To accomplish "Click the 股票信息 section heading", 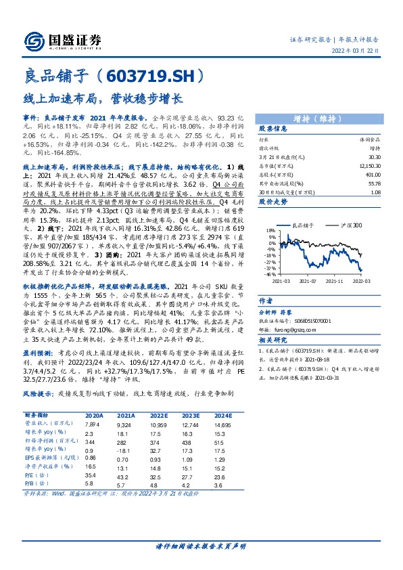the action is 273,128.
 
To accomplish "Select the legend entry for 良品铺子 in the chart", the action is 306,225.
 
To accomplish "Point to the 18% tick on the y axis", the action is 270,231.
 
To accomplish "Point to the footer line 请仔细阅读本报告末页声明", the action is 201,546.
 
